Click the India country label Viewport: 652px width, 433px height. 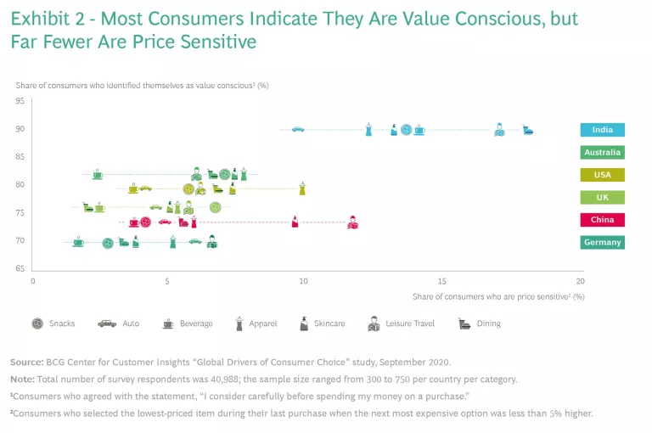coord(603,130)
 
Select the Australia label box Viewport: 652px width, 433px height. coord(603,153)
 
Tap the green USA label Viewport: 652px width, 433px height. coord(603,175)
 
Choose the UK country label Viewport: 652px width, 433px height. coord(603,197)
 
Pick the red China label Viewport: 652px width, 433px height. coord(603,220)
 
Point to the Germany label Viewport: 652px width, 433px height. coord(603,242)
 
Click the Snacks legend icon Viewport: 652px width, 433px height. coord(37,323)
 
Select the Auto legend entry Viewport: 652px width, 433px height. coord(118,323)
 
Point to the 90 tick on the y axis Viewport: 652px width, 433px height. coord(20,129)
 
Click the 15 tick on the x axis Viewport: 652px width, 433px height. coord(442,280)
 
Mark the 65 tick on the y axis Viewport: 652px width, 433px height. coord(20,269)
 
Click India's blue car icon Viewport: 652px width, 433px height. coord(297,129)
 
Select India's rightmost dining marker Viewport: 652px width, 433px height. coord(528,130)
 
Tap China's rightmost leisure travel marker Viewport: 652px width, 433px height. coord(352,223)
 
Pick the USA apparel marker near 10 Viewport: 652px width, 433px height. coord(302,188)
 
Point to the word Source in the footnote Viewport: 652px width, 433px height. coord(28,362)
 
